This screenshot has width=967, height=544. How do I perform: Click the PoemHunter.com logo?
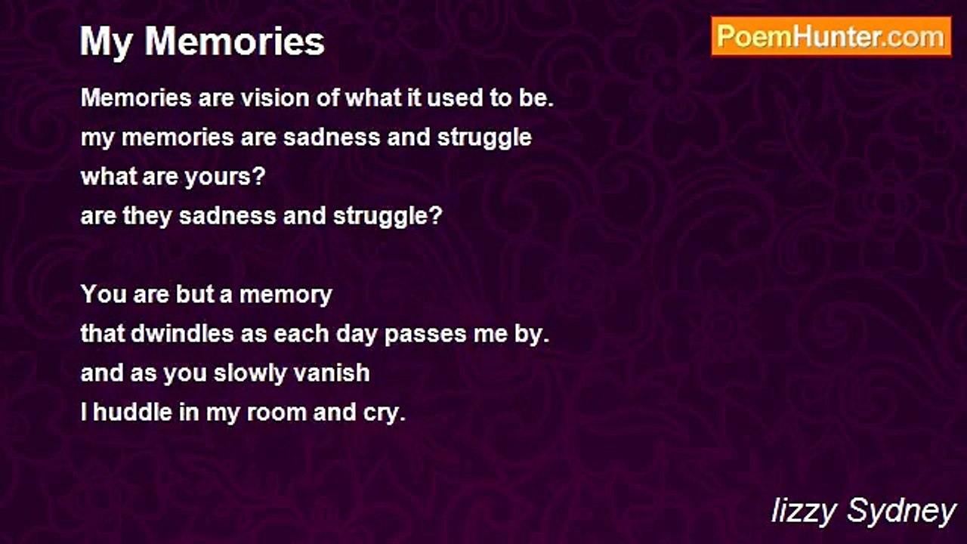(x=831, y=37)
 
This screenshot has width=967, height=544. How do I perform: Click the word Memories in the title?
(x=234, y=42)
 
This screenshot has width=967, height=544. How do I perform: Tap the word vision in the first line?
(x=274, y=98)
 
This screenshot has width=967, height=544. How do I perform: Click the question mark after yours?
(x=258, y=176)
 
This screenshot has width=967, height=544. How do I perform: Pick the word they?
(x=147, y=216)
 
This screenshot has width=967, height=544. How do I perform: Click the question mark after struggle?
(x=436, y=215)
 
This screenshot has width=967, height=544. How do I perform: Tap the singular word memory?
(x=286, y=295)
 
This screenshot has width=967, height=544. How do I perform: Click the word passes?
(x=425, y=335)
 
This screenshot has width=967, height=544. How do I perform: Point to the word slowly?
(x=250, y=374)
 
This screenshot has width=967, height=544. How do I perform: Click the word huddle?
(x=132, y=412)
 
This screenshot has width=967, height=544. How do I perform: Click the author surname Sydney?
(x=901, y=512)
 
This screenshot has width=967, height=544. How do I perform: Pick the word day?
(x=357, y=335)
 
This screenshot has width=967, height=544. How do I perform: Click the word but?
(x=195, y=294)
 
